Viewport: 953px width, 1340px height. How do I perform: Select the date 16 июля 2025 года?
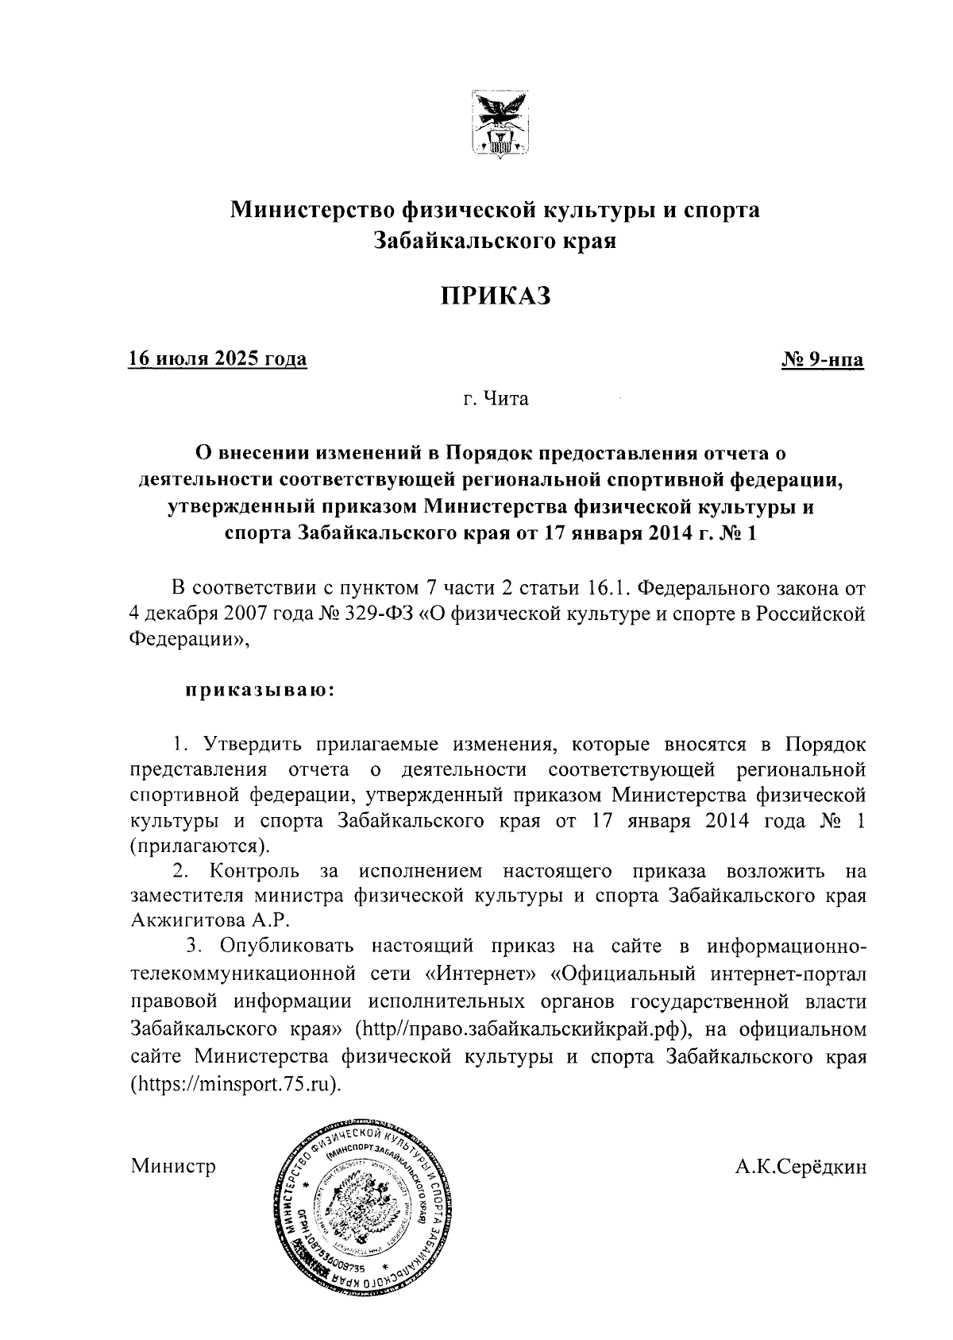click(218, 359)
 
